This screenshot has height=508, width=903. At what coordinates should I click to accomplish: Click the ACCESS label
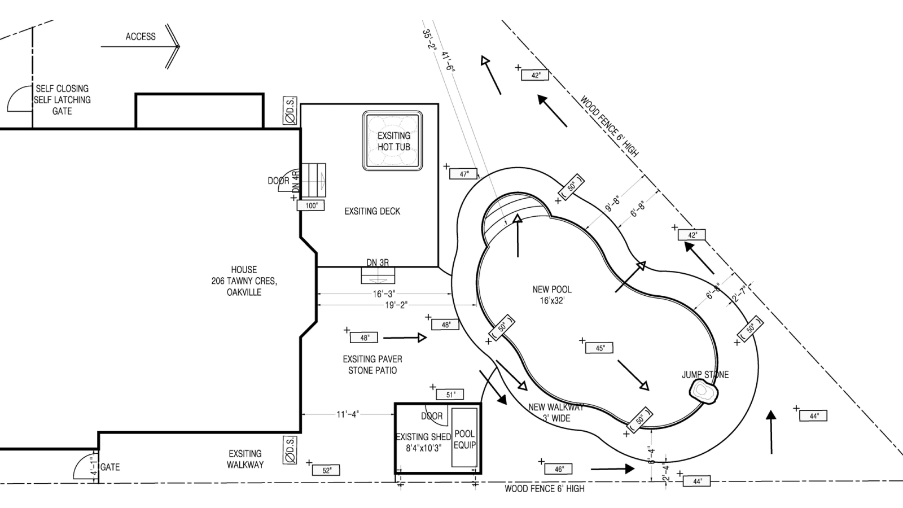141,37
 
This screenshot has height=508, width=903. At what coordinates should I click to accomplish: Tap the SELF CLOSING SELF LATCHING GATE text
62,100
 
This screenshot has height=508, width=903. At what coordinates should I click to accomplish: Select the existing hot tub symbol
393,141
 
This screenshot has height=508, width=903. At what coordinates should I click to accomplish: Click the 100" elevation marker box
312,206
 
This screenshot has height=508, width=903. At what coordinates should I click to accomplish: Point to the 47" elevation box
464,174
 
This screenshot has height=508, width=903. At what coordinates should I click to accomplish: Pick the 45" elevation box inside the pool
600,348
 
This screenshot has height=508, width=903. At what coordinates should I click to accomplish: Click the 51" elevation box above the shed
450,395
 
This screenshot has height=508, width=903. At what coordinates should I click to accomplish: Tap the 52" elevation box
327,470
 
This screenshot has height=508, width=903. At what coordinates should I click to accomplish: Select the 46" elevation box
559,469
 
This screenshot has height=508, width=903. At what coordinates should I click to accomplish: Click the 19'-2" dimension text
396,305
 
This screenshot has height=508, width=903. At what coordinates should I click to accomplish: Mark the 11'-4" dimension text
348,415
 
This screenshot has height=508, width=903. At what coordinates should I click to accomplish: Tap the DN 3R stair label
378,262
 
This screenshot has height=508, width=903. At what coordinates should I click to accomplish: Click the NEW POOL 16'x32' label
552,295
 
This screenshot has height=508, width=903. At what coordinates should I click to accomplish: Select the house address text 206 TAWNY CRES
244,281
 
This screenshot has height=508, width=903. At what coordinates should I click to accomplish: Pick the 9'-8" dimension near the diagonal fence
613,204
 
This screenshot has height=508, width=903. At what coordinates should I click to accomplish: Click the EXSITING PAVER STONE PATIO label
372,365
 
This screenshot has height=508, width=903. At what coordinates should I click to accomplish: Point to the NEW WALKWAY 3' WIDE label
556,413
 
